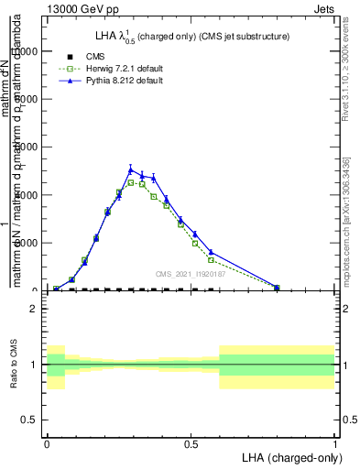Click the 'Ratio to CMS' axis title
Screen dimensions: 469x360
click(x=13, y=365)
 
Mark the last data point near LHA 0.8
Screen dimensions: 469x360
click(x=277, y=288)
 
